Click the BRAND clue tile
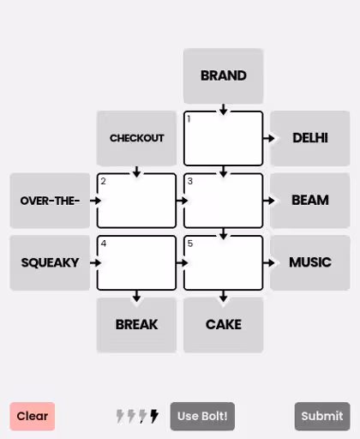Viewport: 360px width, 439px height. click(x=223, y=75)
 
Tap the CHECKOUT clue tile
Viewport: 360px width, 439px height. click(x=136, y=138)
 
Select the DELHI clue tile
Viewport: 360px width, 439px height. click(x=310, y=138)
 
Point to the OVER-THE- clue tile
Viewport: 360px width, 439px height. click(x=50, y=201)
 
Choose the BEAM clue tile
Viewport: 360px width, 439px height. click(x=310, y=201)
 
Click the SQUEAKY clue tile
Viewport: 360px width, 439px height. click(x=50, y=262)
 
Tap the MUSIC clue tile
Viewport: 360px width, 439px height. click(x=310, y=262)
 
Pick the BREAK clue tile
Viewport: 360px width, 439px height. click(x=136, y=325)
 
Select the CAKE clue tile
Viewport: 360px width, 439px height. click(x=223, y=325)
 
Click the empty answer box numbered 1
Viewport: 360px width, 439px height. click(x=223, y=138)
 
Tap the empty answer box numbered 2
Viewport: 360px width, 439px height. click(x=136, y=201)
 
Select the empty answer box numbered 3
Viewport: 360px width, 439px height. click(x=223, y=201)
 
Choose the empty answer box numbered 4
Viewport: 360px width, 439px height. click(x=136, y=262)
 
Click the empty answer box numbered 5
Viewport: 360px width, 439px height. click(x=223, y=262)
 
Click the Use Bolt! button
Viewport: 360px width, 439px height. click(x=202, y=416)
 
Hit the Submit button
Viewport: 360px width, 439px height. click(x=322, y=416)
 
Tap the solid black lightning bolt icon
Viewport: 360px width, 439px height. click(x=154, y=416)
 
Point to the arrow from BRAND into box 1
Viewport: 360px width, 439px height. click(x=223, y=110)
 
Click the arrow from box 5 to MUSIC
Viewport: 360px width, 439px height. click(x=269, y=262)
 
